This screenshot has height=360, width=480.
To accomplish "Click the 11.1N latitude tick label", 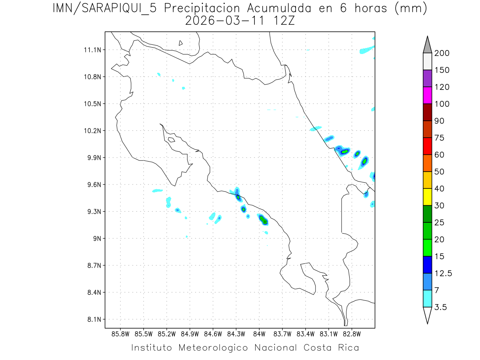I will coord(92,50).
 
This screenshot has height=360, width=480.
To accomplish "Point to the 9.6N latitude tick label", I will coord(93,185).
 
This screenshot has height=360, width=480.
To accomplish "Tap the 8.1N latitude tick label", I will coord(93,320).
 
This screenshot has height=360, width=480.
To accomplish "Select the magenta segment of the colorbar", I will coord(427,95).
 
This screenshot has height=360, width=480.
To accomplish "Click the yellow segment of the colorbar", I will coord(427,197).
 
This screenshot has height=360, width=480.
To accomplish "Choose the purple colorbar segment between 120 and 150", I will coord(427,78).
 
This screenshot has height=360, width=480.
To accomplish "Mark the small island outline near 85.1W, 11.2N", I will coord(181,43).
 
